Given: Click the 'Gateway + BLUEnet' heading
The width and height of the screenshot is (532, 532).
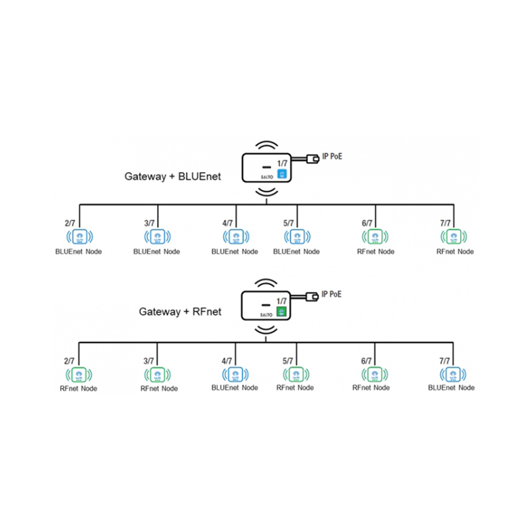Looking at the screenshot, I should click(x=173, y=177).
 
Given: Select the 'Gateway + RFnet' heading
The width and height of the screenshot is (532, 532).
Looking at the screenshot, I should click(x=180, y=312).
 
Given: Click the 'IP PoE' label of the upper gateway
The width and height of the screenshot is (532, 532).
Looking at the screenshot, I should click(x=332, y=156).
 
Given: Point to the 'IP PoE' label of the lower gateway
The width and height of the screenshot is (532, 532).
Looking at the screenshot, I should click(x=332, y=294).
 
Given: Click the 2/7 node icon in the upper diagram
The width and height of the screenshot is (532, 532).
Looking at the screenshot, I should click(x=79, y=236).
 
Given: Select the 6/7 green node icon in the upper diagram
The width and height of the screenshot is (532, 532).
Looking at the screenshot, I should click(x=376, y=236).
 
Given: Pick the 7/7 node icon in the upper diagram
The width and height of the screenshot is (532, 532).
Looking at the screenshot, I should click(x=454, y=236).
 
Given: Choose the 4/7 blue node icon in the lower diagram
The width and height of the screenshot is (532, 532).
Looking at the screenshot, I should click(x=235, y=373).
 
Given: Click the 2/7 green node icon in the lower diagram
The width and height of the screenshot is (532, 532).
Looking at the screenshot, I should click(x=79, y=374).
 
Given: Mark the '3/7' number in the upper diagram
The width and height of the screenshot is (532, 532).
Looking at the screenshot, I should click(x=149, y=223).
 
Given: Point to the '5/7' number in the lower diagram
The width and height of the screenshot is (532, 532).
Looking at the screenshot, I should click(x=288, y=361).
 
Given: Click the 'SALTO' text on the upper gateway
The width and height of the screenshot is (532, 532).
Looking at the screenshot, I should click(x=264, y=179).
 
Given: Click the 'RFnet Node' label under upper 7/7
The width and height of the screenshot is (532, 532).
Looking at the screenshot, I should click(x=455, y=252).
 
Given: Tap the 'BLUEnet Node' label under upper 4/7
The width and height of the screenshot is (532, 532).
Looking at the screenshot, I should click(x=235, y=252).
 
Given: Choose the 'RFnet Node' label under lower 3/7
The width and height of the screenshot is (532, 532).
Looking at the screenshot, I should click(x=159, y=389).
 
